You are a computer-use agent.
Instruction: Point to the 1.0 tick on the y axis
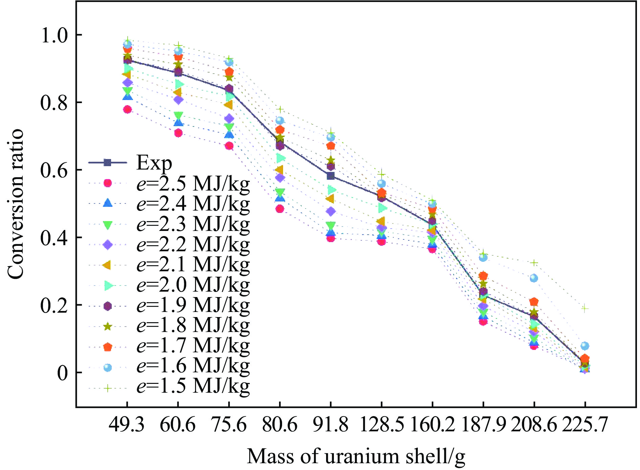click(54, 35)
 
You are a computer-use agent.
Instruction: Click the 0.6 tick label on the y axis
click(54, 170)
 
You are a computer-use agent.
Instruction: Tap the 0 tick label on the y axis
click(62, 373)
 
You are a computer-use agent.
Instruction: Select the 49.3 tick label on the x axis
click(127, 425)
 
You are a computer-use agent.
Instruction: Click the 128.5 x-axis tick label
click(382, 425)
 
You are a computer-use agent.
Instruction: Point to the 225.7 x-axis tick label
click(585, 425)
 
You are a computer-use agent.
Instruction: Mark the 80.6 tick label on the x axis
click(280, 425)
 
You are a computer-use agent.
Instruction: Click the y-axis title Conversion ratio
click(15, 204)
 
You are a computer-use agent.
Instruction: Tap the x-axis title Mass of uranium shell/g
click(356, 456)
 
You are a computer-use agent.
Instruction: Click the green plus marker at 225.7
click(585, 309)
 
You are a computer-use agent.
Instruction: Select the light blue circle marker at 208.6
click(534, 278)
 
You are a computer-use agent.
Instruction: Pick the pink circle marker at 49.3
click(127, 109)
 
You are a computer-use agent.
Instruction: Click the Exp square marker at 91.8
click(331, 176)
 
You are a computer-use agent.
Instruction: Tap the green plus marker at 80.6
click(280, 109)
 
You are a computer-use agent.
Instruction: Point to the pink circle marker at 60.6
click(178, 133)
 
